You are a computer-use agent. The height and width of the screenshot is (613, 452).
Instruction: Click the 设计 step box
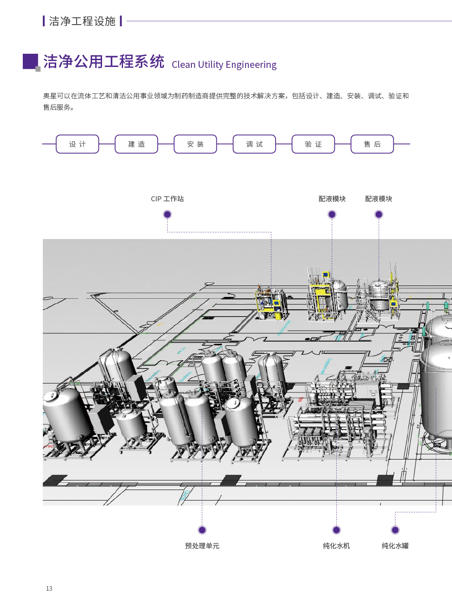click(x=77, y=144)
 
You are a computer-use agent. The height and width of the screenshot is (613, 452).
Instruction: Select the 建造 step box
click(x=136, y=144)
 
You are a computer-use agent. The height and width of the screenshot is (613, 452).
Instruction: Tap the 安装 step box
click(x=195, y=144)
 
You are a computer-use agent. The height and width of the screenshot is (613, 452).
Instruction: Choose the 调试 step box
click(x=254, y=144)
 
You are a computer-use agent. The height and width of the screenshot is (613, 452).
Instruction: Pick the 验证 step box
click(x=313, y=144)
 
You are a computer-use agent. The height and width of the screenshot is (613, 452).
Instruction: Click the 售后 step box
click(x=372, y=144)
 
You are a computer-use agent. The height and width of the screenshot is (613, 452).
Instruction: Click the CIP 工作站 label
click(x=167, y=199)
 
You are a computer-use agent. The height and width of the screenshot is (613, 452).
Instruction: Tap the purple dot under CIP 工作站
click(x=167, y=214)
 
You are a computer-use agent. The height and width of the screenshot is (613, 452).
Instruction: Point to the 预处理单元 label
click(x=202, y=546)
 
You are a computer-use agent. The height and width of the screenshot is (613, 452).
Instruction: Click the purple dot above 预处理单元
click(x=202, y=530)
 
